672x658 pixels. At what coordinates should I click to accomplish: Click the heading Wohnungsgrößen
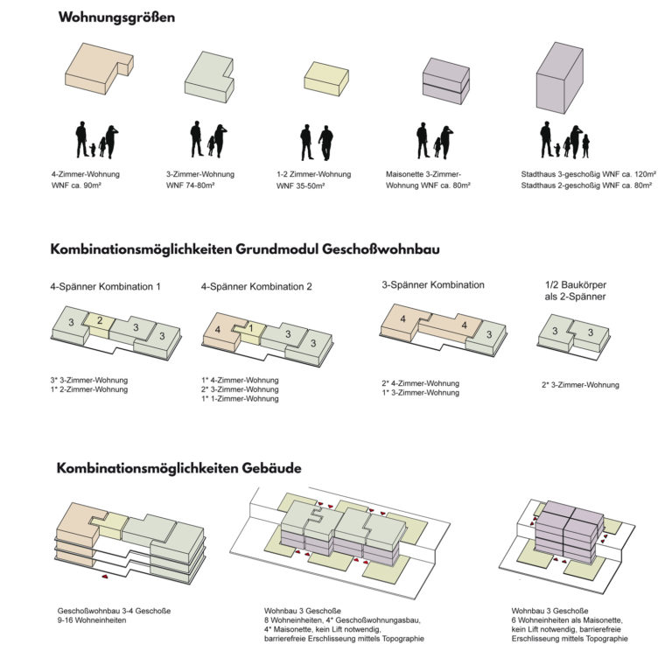(116, 17)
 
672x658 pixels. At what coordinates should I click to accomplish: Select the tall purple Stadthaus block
(560, 78)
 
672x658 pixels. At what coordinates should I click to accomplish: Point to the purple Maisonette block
(446, 81)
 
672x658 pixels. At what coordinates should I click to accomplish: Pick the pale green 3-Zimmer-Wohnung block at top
(209, 77)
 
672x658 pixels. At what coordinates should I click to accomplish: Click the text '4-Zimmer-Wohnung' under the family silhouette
(86, 174)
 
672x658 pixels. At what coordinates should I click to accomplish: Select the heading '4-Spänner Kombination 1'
(105, 287)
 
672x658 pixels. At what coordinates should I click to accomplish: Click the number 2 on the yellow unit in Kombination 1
(100, 320)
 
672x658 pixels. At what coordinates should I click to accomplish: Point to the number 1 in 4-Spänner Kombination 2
(251, 328)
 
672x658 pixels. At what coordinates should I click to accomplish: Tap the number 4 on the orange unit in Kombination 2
(218, 330)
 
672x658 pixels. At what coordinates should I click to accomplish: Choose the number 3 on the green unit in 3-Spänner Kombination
(489, 334)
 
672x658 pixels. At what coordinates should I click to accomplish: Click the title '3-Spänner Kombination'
(433, 285)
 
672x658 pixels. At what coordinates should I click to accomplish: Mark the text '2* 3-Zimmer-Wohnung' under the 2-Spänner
(580, 385)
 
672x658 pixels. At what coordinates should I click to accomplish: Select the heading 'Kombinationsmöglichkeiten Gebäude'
(178, 468)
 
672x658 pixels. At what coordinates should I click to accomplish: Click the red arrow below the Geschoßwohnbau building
(104, 577)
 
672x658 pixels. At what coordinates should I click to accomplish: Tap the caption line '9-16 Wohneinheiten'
(92, 620)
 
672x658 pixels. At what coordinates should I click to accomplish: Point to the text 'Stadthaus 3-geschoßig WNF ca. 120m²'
(588, 174)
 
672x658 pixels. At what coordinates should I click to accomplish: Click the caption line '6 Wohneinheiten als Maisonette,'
(567, 620)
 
